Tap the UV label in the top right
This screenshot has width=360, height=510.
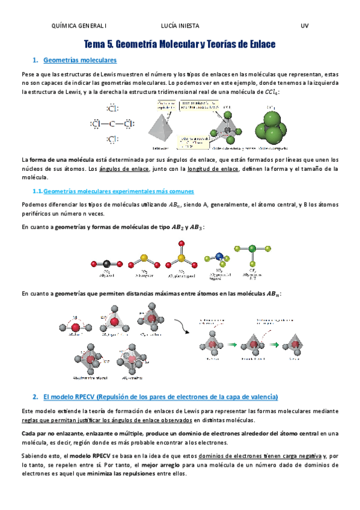coord(304,26)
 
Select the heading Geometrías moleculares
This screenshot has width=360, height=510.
coord(81,60)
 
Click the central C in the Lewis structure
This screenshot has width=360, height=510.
coord(112,124)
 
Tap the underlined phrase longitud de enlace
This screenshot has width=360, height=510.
coord(213,169)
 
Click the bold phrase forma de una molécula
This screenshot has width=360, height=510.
coord(61,160)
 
